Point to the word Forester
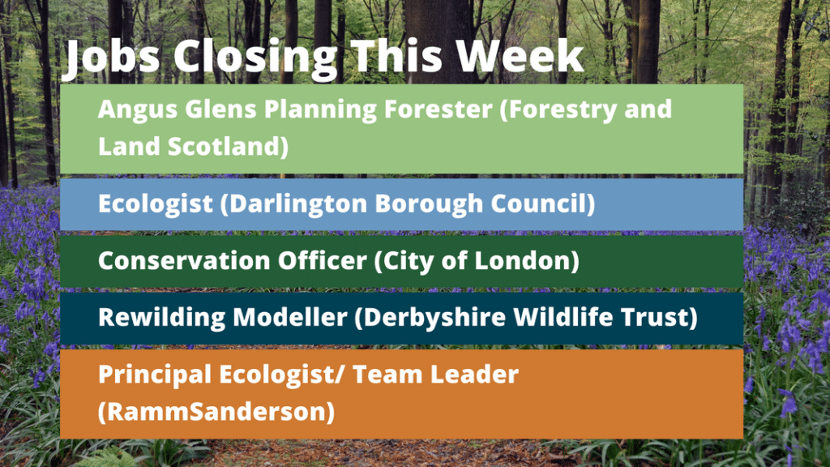click(x=439, y=109)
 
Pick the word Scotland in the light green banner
click(x=228, y=147)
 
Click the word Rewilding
click(x=161, y=318)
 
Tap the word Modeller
click(x=290, y=317)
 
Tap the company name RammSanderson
click(x=216, y=412)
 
